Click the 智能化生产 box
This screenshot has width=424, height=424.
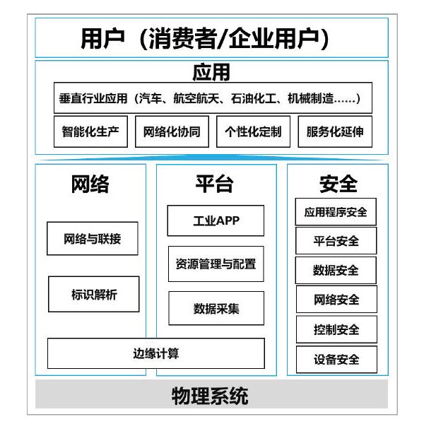[x=90, y=131]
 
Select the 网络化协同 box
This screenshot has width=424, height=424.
[x=172, y=131]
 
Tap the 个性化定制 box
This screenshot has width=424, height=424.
[x=254, y=131]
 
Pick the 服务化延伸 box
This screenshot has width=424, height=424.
[x=335, y=131]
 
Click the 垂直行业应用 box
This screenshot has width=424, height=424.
[x=213, y=98]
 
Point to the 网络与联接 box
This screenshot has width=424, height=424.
[x=93, y=239]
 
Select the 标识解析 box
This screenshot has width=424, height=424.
[x=94, y=294]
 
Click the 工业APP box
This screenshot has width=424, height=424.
[x=216, y=220]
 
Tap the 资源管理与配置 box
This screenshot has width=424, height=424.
[x=216, y=264]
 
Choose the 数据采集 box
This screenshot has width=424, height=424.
[x=216, y=308]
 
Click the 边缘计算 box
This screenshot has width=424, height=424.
[x=156, y=353]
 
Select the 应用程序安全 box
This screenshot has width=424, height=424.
[x=336, y=212]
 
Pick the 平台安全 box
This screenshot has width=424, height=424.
[x=336, y=241]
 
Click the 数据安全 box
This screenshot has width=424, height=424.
[x=336, y=271]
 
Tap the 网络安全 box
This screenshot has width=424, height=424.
[x=336, y=300]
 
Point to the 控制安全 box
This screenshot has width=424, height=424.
[x=336, y=329]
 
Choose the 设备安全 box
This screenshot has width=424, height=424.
[x=336, y=360]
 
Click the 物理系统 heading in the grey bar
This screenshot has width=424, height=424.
[x=210, y=396]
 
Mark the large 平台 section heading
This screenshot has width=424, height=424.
[x=214, y=184]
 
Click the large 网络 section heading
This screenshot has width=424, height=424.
[x=90, y=184]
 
